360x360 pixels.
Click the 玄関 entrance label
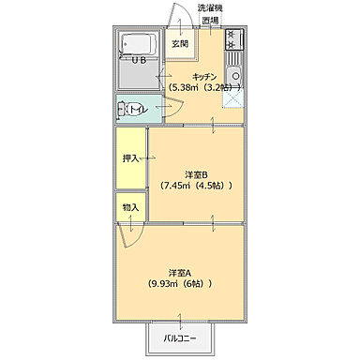click(x=180, y=44)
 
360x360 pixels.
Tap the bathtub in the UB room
click(x=139, y=45)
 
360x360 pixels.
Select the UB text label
click(x=139, y=61)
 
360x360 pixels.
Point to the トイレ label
click(x=138, y=109)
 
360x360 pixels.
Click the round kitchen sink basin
click(x=234, y=76)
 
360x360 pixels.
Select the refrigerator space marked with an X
click(x=232, y=97)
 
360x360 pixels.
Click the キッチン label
click(x=204, y=77)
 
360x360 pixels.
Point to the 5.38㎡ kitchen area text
click(x=183, y=87)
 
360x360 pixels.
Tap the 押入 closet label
click(x=130, y=158)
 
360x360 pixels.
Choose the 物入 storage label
click(x=130, y=207)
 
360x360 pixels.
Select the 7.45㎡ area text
click(x=175, y=186)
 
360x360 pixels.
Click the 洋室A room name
click(x=180, y=273)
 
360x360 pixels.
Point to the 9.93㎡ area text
click(x=163, y=284)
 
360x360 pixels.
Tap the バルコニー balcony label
click(x=180, y=338)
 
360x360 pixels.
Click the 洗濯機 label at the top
click(x=210, y=8)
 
